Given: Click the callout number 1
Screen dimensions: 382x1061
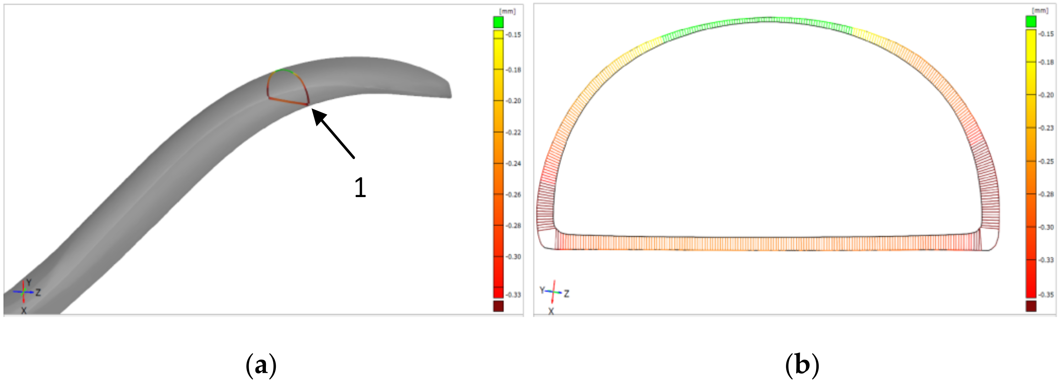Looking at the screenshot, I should click(360, 188).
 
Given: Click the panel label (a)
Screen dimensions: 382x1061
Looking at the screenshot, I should click(261, 365).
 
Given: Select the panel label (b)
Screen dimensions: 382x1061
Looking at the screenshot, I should click(801, 365).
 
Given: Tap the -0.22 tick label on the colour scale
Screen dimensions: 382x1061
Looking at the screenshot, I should click(513, 132).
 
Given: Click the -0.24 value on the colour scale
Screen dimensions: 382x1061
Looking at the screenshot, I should click(513, 164).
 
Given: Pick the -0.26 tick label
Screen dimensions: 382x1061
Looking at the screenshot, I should click(513, 194).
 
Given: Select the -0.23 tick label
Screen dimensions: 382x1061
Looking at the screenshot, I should click(1046, 128).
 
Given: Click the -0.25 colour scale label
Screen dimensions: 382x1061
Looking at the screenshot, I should click(1046, 162).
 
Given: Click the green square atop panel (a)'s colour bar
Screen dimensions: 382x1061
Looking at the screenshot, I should click(498, 22).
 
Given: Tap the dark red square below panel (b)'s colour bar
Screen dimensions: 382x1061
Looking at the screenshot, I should click(1031, 306).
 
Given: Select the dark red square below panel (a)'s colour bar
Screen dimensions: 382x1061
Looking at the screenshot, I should click(498, 306).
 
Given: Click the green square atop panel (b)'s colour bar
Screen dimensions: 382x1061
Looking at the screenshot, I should click(1031, 21).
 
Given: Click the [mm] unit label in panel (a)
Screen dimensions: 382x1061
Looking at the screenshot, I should click(508, 11).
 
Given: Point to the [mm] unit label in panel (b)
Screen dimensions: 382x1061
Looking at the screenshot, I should click(1040, 10).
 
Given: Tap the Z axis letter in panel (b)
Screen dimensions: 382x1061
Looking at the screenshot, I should click(567, 294).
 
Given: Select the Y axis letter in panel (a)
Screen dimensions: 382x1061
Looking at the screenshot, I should click(29, 282).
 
